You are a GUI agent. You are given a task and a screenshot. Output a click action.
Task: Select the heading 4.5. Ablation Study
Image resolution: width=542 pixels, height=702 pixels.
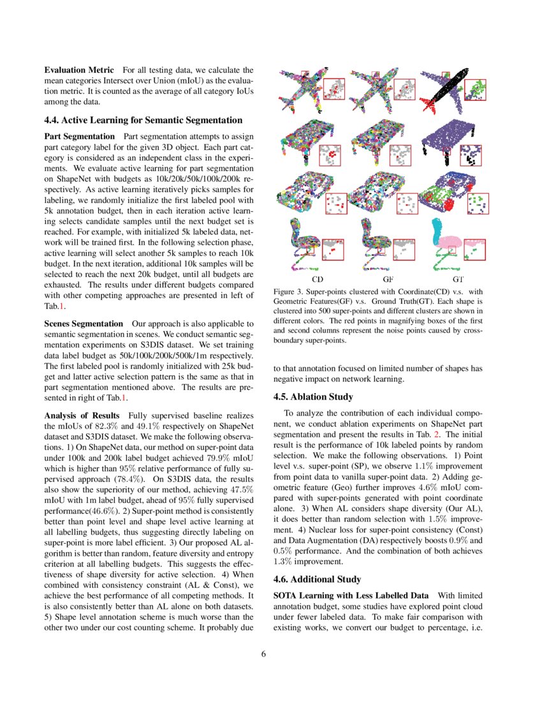(308, 396)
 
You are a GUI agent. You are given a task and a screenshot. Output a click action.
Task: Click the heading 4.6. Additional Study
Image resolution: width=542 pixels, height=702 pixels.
(312, 579)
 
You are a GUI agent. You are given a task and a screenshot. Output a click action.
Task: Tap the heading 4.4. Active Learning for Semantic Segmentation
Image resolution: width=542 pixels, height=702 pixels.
(143, 120)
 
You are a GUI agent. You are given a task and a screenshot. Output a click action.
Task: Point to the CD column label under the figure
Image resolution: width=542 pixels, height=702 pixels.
(317, 280)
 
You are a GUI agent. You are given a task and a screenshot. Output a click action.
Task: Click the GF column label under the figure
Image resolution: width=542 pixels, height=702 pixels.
(388, 280)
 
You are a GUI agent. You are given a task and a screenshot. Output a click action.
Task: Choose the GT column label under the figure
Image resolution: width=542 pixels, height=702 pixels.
(458, 280)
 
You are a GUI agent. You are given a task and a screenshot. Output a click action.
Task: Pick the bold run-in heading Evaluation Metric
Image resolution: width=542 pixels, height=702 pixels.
(79, 70)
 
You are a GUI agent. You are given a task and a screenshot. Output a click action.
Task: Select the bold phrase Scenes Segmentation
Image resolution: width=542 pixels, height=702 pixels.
(83, 324)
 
